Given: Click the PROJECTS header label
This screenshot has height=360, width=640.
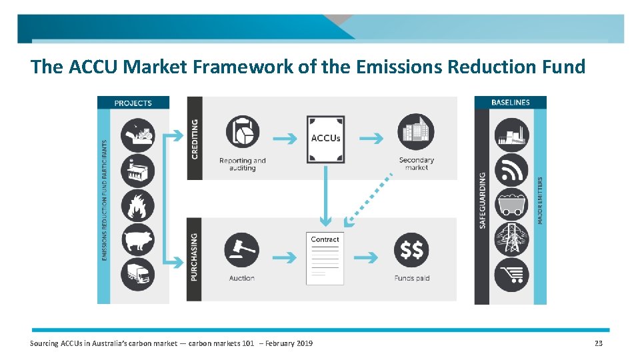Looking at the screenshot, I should [133, 103].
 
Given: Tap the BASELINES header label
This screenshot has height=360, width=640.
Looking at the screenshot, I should [511, 103].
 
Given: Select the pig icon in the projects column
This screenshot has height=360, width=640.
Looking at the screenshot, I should [138, 239].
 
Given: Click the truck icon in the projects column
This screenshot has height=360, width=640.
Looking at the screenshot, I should [138, 274].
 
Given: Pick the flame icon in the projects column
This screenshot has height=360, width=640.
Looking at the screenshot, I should [138, 205].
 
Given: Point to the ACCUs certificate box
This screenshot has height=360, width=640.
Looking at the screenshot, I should [325, 139].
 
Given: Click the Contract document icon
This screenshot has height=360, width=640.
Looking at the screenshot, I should [325, 258].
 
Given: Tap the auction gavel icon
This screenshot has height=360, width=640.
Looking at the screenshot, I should [242, 249].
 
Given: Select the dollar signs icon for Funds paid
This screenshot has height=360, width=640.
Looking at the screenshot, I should [411, 250].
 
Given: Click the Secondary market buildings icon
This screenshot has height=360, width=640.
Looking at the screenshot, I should [415, 132].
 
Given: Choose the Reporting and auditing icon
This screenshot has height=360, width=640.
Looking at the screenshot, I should [242, 132].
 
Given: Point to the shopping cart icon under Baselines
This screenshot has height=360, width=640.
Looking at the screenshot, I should [511, 274].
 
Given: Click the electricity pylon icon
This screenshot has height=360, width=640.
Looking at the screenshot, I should [511, 239].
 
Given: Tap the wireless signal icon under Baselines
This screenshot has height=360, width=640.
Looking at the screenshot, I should [511, 170].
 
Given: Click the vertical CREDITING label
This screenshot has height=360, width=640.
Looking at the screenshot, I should [195, 139].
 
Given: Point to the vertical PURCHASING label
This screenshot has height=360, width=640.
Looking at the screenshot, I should [195, 257].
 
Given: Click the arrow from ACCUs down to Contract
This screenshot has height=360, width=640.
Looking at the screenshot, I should [325, 193].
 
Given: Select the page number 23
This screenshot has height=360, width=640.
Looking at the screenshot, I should [598, 343].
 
